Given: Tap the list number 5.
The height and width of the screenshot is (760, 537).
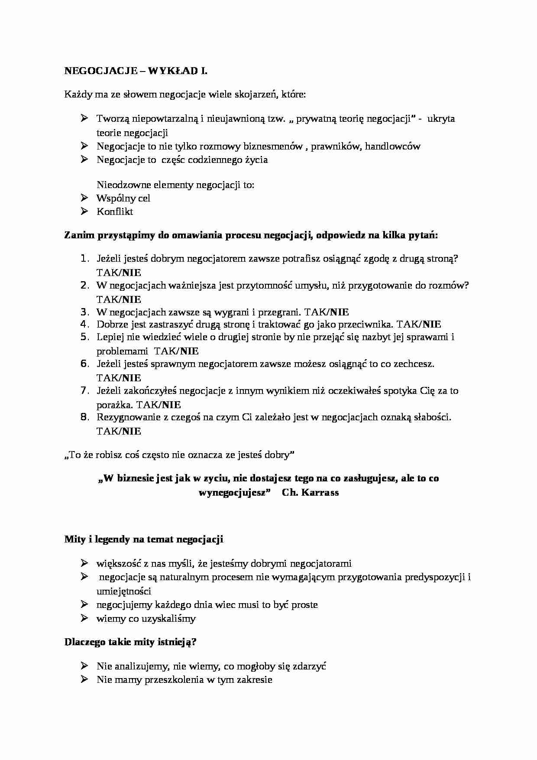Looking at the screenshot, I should click(84, 337).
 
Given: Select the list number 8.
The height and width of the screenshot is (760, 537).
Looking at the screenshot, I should click(84, 417).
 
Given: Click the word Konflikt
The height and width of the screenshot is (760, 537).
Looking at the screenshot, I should click(115, 211).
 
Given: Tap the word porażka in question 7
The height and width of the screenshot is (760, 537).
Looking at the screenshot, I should click(114, 405).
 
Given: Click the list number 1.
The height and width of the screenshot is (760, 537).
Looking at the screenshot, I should click(84, 259).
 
